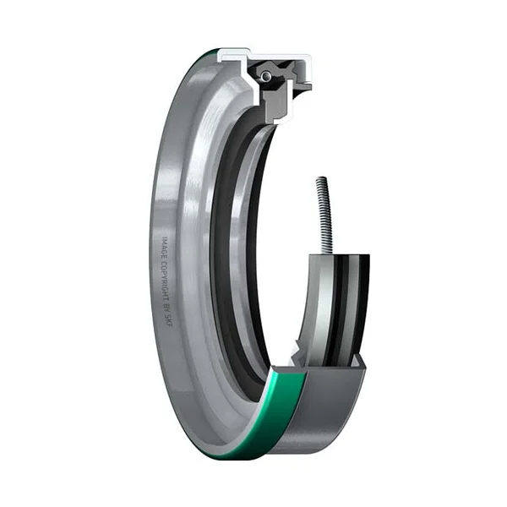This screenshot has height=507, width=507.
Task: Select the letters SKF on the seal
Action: pyautogui.click(x=169, y=319)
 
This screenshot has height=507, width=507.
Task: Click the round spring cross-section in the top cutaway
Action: pyautogui.click(x=266, y=77)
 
